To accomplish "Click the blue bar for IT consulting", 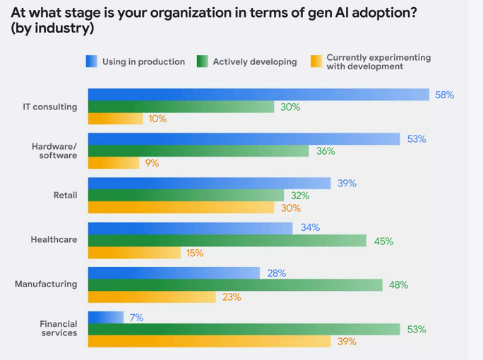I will [258, 95].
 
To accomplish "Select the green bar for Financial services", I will [244, 330].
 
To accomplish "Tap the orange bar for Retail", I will [180, 208].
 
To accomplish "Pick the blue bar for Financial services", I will [105, 318].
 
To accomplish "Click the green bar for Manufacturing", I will [234, 285].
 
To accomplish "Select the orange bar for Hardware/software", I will [113, 163].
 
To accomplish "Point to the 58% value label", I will [444, 95].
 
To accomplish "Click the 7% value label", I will [136, 318].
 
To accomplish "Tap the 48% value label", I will [398, 285].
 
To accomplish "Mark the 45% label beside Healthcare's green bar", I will [383, 241].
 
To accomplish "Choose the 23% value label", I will [232, 297].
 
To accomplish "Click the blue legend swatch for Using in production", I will [91, 61].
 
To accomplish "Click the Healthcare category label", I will [54, 240].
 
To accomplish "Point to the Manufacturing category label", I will [46, 284].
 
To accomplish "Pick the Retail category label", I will [65, 196].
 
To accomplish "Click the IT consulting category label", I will [50, 107].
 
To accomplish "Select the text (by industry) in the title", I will [52, 30].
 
